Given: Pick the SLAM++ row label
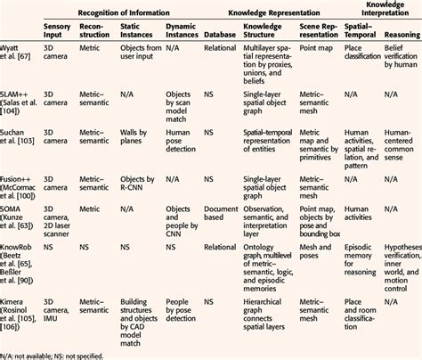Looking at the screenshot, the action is point(22,111).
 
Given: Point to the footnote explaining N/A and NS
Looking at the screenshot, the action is point(62,354).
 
